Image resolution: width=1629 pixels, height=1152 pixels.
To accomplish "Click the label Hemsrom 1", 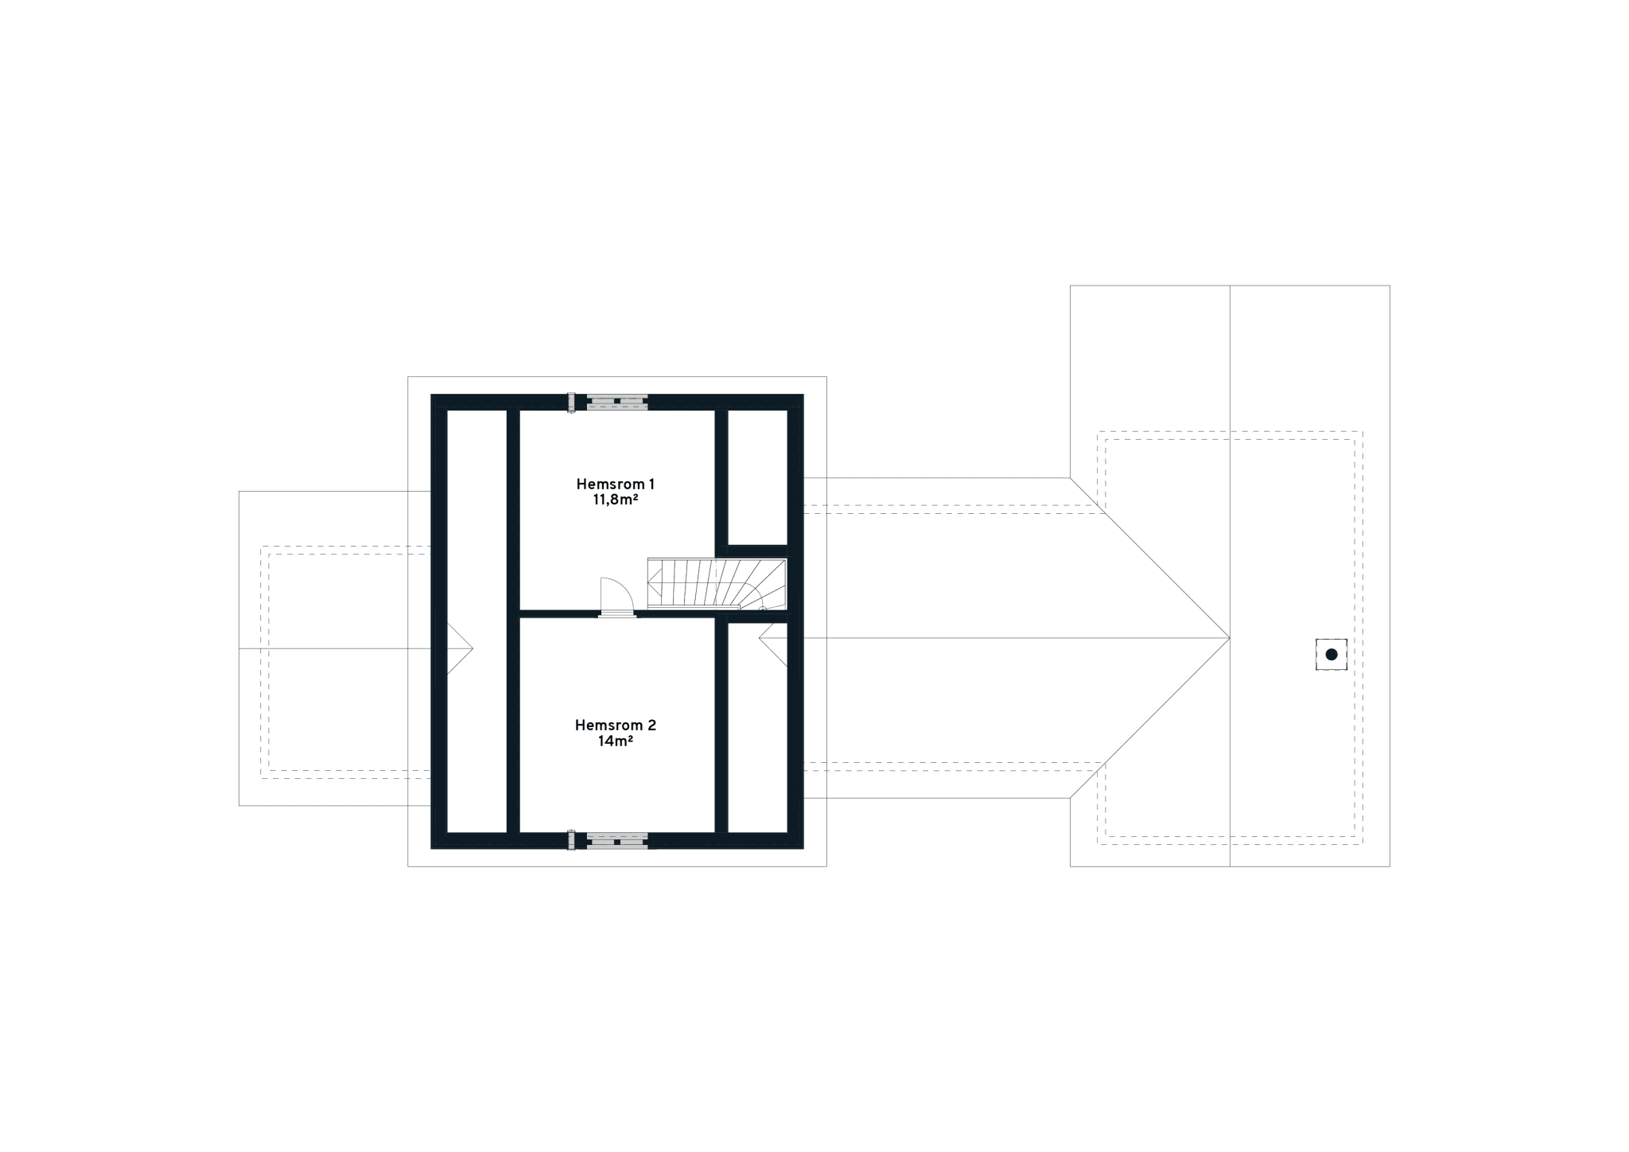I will pos(615,484).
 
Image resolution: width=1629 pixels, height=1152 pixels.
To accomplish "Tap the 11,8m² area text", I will pos(615,500).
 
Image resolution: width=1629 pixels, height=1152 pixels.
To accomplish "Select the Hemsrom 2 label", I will pos(615,725).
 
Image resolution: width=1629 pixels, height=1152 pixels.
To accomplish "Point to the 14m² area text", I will pos(615,741).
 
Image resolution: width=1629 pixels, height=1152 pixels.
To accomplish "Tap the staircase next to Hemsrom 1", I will pos(716,583).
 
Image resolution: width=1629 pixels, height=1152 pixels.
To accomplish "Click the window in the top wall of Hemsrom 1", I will pos(617,403).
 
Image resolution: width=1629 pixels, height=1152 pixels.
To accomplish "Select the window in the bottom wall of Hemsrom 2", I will pos(617,841).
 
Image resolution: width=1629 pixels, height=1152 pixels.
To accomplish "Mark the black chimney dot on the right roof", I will pos(1332,655).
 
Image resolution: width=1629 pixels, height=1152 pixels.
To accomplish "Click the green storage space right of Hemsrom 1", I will pos(757,477).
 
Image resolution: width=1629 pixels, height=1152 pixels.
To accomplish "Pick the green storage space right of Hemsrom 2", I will pos(757,740).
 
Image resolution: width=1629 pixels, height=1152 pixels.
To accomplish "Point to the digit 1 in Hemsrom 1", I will pos(651,484).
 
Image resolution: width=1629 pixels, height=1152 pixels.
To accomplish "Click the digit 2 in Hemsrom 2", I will pos(652,725).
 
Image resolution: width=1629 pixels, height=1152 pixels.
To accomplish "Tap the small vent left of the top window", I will pos(571,403).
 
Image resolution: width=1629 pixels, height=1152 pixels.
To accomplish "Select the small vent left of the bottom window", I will pos(571,841).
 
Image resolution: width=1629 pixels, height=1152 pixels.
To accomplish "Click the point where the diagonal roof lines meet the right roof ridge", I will pos(1230,638).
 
